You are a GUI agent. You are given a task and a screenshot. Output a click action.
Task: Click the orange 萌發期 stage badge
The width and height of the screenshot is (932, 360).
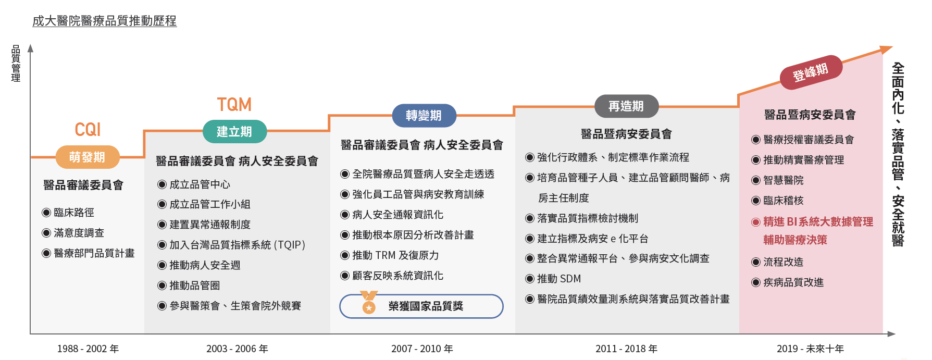(x=88, y=157)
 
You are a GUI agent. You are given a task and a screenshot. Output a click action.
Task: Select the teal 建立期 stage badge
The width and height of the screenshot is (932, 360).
(x=234, y=132)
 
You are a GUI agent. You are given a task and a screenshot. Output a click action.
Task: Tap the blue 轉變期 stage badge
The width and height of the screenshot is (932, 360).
(x=424, y=116)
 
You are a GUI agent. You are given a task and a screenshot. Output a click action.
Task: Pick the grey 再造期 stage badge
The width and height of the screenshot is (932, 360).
(x=626, y=106)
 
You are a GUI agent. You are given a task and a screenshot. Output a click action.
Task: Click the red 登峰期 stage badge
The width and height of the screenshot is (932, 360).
(x=811, y=72)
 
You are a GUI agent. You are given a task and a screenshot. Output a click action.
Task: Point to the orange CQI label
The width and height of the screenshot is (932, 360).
(x=88, y=130)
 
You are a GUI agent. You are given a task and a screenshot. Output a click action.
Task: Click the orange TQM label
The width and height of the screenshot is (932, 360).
(x=234, y=105)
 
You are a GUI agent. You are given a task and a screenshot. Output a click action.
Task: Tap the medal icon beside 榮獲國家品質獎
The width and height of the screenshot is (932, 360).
(x=369, y=303)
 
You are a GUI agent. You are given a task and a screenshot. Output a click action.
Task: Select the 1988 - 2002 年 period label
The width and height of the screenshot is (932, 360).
(x=88, y=349)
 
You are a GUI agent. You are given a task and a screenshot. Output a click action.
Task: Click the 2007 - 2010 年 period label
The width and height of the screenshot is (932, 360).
(x=422, y=349)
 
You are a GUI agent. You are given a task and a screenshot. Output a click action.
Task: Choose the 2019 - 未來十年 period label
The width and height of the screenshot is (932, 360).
(x=810, y=349)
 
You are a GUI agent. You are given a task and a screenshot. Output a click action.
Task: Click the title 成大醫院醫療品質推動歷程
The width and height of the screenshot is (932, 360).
(x=105, y=21)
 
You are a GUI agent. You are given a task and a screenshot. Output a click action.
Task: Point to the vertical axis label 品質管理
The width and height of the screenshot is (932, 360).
(x=16, y=63)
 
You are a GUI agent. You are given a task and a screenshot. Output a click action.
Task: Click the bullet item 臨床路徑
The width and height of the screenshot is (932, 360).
(x=68, y=213)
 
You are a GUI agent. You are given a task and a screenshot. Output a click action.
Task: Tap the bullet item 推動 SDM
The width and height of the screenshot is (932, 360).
(x=553, y=279)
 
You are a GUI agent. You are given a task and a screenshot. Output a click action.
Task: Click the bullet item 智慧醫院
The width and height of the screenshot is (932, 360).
(x=778, y=180)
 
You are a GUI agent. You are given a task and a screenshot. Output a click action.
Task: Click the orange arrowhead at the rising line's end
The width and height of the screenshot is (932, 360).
(x=886, y=49)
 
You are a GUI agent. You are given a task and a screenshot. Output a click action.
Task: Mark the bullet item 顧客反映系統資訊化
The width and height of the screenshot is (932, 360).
(x=392, y=276)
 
